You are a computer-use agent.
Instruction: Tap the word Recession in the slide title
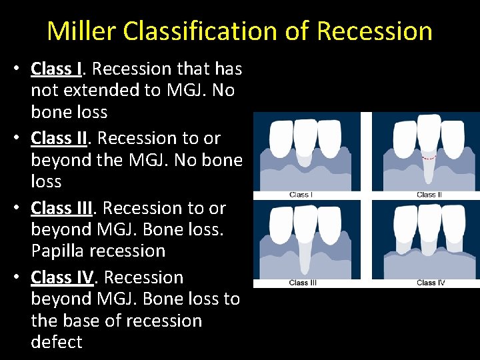pos(375,31)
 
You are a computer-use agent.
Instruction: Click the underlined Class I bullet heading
pos(57,69)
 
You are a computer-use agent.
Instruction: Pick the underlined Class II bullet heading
pos(59,138)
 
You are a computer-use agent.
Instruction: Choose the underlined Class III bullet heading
pos(62,208)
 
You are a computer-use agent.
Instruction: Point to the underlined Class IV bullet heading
pos(62,277)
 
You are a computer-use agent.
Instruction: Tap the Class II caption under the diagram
pos(429,195)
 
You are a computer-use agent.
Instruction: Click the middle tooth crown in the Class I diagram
pos(306,135)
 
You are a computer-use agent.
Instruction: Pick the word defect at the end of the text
pos(57,342)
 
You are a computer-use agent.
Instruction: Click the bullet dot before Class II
pos(23,139)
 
